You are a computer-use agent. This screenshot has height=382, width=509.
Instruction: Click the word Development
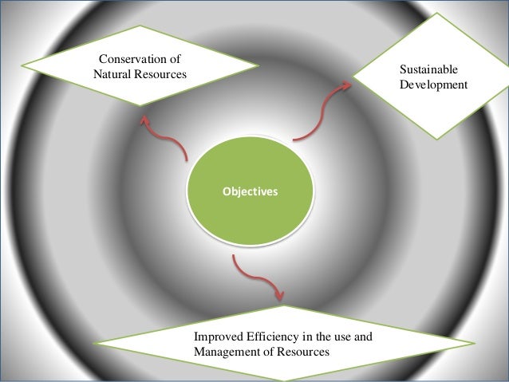[x=435, y=85]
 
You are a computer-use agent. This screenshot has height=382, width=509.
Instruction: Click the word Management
[x=227, y=351]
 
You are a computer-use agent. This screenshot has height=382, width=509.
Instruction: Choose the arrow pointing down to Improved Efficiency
[x=257, y=279]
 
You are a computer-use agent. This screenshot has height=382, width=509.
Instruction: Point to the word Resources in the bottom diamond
[x=302, y=351]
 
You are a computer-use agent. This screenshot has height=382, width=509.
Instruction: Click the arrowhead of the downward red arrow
[x=278, y=296]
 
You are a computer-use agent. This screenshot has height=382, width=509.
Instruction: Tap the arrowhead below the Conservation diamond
[x=144, y=119]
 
